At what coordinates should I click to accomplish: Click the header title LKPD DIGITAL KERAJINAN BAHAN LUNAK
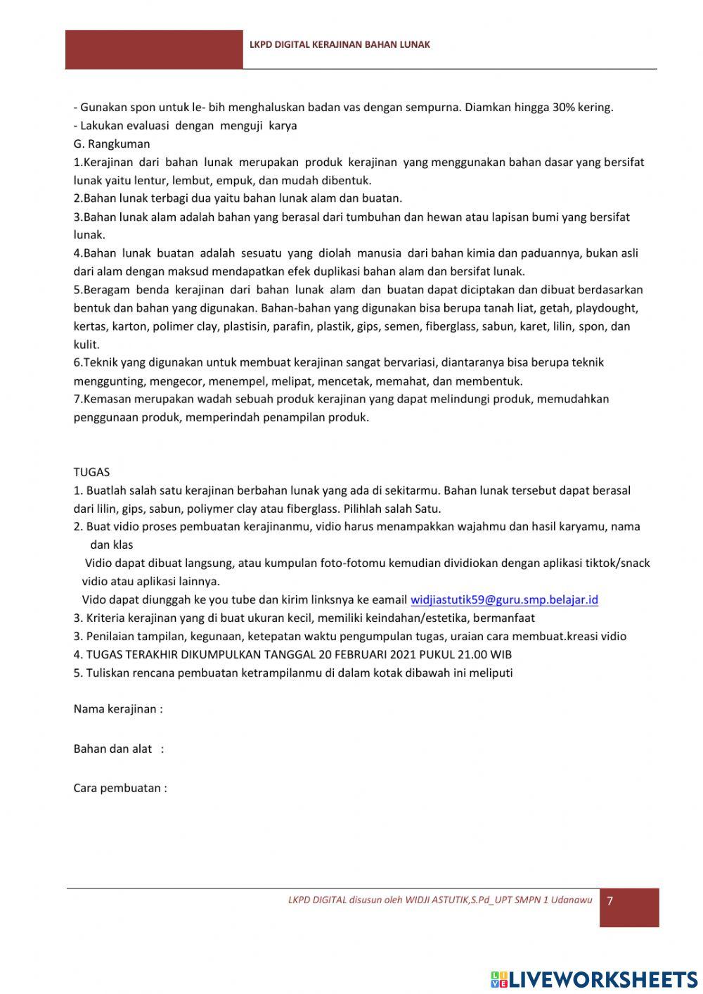(x=340, y=44)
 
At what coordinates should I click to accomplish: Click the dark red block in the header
(x=154, y=49)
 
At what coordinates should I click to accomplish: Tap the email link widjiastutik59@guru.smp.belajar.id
(x=504, y=600)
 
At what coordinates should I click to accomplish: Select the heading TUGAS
(x=91, y=472)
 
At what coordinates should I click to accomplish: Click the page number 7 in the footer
(x=610, y=901)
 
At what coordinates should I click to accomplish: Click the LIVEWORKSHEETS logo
(x=594, y=979)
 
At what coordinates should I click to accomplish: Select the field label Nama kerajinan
(x=117, y=709)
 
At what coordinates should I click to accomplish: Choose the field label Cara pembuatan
(x=120, y=789)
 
